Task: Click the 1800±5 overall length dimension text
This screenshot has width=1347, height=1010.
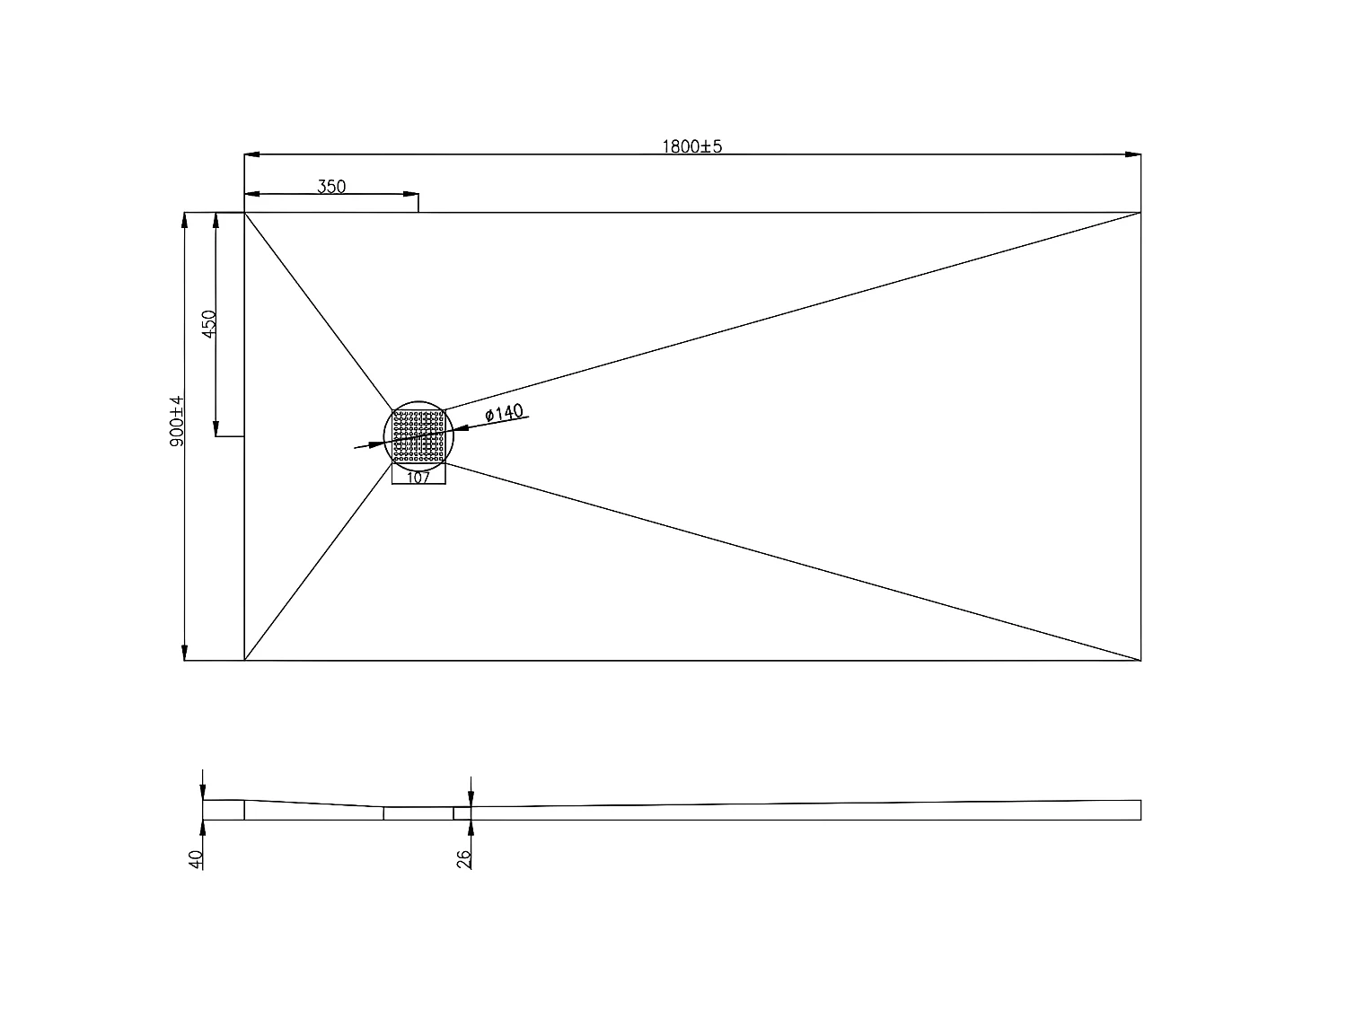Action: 691,146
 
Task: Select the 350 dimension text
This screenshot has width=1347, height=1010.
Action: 331,187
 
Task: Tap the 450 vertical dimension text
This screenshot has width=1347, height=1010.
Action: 208,324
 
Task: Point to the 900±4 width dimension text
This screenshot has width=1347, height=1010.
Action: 177,421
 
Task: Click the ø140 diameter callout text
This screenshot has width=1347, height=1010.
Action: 503,413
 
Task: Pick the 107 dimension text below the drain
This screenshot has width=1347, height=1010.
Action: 418,478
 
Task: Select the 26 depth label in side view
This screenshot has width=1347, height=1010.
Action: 464,859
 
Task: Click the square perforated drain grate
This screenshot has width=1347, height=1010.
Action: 419,436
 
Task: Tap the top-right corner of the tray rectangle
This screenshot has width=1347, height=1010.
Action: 1140,213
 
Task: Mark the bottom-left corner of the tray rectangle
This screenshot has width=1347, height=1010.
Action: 244,660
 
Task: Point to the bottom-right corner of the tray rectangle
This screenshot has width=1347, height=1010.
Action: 1140,660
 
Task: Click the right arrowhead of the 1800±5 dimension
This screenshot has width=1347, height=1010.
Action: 1134,154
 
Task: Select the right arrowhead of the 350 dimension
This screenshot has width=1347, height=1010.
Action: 412,193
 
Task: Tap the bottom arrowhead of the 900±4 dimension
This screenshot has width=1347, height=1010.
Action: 185,653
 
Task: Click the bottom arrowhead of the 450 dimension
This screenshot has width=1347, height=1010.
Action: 216,429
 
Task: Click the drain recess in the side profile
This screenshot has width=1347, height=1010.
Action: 418,813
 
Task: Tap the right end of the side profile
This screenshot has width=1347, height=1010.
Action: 1140,810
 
